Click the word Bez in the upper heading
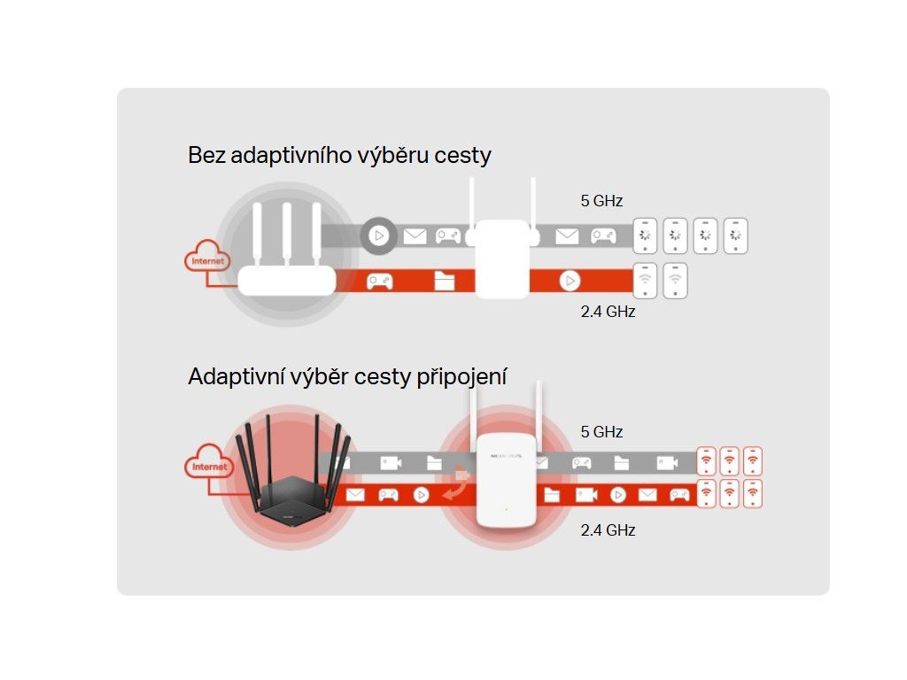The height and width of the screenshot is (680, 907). point(206,156)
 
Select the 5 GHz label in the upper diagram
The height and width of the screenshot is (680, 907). point(601,201)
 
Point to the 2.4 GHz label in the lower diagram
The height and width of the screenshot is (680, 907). point(608,530)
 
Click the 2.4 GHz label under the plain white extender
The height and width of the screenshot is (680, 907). point(608,312)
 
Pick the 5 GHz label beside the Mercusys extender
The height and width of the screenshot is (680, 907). point(601,432)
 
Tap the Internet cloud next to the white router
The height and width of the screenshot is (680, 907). point(208,260)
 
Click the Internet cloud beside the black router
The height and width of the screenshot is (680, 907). point(208,465)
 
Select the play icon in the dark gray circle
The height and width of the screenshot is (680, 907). point(379,236)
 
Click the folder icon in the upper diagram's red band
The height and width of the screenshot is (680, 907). point(445,282)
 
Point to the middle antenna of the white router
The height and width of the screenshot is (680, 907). point(286,235)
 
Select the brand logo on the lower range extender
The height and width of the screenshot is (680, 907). point(501,455)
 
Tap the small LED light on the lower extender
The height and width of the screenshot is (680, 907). point(502,509)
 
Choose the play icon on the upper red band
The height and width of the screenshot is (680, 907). point(570,282)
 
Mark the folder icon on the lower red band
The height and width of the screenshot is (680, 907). point(552,495)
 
